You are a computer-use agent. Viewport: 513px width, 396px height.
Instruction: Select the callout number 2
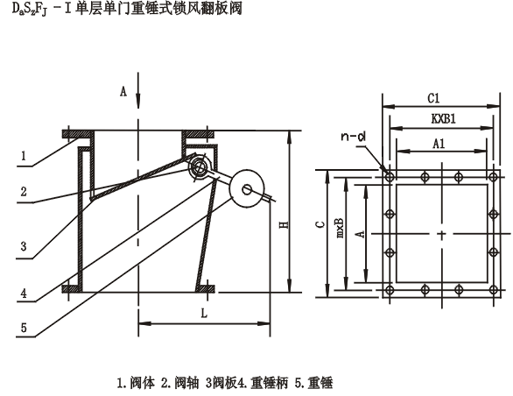click(25, 189)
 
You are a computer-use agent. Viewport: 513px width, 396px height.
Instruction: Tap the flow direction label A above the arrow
click(123, 90)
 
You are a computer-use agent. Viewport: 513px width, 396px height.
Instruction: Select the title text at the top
click(122, 11)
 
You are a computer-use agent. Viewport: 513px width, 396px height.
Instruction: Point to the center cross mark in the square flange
click(440, 234)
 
